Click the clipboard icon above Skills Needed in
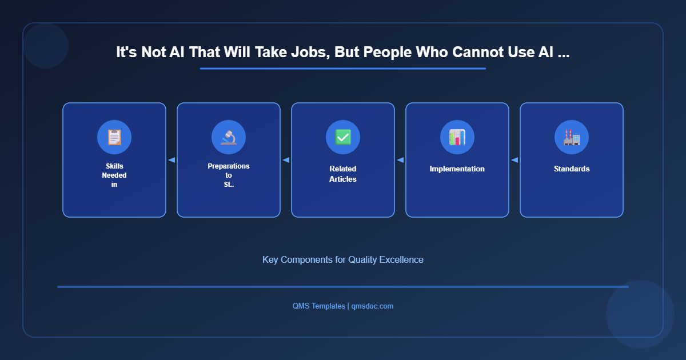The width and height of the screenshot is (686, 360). click(x=114, y=137)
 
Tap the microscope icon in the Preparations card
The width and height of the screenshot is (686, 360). click(x=229, y=137)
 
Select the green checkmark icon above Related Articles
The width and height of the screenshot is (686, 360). click(x=343, y=137)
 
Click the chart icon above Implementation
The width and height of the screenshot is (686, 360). click(x=457, y=137)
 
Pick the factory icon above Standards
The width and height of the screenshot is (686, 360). click(x=572, y=137)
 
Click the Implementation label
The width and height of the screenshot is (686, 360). click(x=457, y=169)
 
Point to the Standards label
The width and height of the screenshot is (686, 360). click(x=572, y=169)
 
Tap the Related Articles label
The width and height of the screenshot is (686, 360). click(x=343, y=174)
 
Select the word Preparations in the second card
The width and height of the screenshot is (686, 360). click(x=229, y=166)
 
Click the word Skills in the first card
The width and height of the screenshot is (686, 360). click(x=114, y=166)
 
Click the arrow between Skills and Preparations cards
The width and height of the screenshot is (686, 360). click(x=171, y=160)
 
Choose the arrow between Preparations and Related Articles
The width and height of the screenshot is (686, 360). click(x=286, y=160)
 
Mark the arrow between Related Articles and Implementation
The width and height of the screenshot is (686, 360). click(x=400, y=160)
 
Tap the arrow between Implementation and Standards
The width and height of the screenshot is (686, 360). click(x=514, y=160)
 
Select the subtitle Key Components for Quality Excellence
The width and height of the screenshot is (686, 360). click(x=343, y=259)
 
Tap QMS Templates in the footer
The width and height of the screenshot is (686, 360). click(x=318, y=306)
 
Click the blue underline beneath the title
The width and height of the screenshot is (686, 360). click(x=343, y=69)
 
